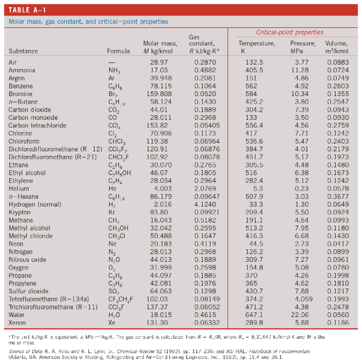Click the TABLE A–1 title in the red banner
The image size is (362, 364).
point(27,10)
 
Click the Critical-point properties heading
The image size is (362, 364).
point(290,33)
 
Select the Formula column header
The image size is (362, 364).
point(118,51)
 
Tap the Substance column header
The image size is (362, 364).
point(23,51)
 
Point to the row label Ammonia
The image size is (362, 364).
point(22,70)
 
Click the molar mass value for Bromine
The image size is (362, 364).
point(159,94)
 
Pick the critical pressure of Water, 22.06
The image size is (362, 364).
point(300,315)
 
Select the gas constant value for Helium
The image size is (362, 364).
point(205,189)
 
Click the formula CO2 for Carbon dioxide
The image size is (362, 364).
point(114,110)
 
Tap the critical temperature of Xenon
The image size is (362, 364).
point(254,323)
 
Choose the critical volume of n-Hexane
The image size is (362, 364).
point(338,197)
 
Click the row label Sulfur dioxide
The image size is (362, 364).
point(28,291)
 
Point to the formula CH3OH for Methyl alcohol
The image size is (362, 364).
point(118,228)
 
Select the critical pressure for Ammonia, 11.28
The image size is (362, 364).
point(300,70)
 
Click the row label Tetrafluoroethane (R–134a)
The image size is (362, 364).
point(49,299)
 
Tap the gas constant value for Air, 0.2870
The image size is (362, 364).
point(205,62)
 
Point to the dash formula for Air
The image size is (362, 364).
point(112,62)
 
